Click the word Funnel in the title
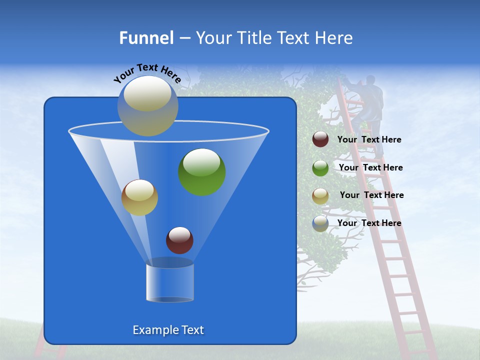click(x=146, y=38)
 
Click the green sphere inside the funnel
click(x=202, y=171)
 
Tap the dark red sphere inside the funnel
click(x=179, y=240)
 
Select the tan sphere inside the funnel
click(x=139, y=197)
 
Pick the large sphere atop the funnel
click(x=148, y=105)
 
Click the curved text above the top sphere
click(x=147, y=72)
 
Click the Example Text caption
click(x=168, y=330)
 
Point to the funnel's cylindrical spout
click(x=170, y=282)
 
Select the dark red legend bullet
click(x=320, y=139)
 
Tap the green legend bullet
click(x=320, y=167)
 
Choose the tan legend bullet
click(x=320, y=195)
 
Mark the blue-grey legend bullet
click(x=320, y=223)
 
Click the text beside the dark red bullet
click(x=369, y=140)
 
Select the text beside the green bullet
click(x=370, y=168)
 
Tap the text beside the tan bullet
click(x=371, y=195)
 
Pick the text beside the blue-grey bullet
click(x=369, y=223)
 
